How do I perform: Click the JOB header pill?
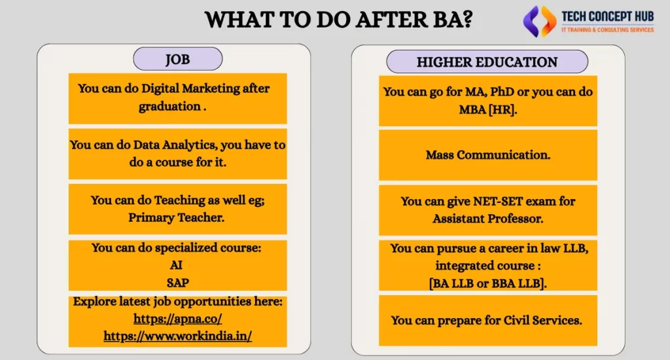pyautogui.click(x=177, y=60)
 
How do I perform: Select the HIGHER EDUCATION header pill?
pyautogui.click(x=487, y=62)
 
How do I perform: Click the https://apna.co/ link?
pyautogui.click(x=178, y=319)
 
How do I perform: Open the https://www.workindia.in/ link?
pyautogui.click(x=178, y=335)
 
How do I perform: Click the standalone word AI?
pyautogui.click(x=178, y=265)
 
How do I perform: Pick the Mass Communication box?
pyautogui.click(x=487, y=155)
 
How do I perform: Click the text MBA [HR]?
pyautogui.click(x=487, y=109)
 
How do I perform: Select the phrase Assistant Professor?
pyautogui.click(x=487, y=219)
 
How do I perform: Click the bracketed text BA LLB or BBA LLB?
pyautogui.click(x=487, y=281)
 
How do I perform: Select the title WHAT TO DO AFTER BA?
pyautogui.click(x=339, y=20)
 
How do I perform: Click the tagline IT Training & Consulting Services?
pyautogui.click(x=608, y=30)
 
